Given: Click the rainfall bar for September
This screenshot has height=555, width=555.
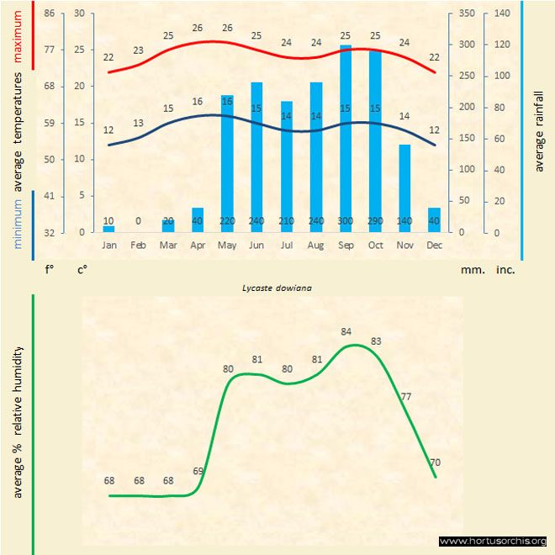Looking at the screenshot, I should (x=345, y=139).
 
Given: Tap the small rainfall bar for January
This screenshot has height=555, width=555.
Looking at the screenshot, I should (x=108, y=228).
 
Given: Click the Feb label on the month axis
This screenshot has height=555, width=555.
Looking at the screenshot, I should (x=138, y=245).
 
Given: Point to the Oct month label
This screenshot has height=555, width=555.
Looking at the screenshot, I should (x=375, y=245).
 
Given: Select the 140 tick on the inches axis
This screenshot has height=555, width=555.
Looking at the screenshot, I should (x=502, y=13).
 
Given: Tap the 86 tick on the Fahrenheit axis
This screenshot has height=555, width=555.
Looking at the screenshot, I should (x=50, y=13).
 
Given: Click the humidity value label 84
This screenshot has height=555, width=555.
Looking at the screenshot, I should (x=346, y=331).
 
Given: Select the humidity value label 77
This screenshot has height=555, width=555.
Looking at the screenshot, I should (x=405, y=396).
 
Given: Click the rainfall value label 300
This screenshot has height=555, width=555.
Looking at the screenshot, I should (x=345, y=220).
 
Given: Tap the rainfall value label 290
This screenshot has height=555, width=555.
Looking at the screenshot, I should (x=375, y=220).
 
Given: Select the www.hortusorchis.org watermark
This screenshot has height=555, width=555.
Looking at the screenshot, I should (x=493, y=541).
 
